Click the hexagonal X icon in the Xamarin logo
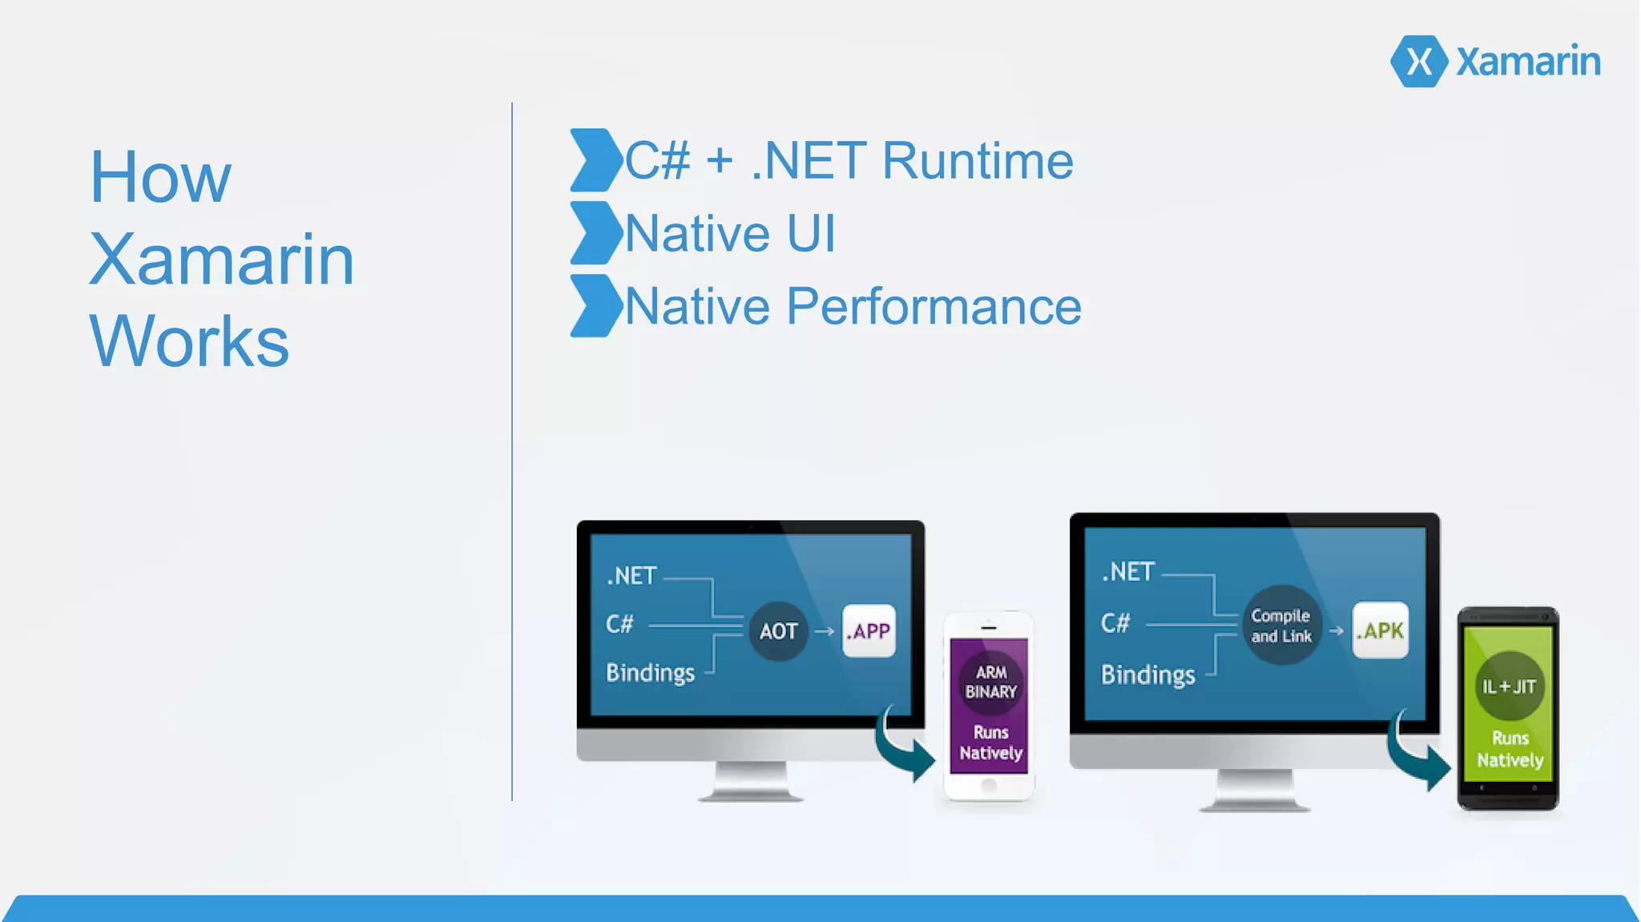pyautogui.click(x=1418, y=61)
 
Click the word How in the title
pyautogui.click(x=160, y=177)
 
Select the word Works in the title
pyautogui.click(x=189, y=341)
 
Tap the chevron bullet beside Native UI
pyautogui.click(x=595, y=233)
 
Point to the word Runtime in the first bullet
pyautogui.click(x=978, y=161)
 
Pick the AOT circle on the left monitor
pyautogui.click(x=778, y=631)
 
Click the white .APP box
pyautogui.click(x=869, y=631)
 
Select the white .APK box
pyautogui.click(x=1380, y=630)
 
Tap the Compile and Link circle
pyautogui.click(x=1281, y=626)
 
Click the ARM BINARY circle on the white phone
pyautogui.click(x=990, y=682)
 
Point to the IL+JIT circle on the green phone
pyautogui.click(x=1509, y=686)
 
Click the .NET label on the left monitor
pyautogui.click(x=631, y=576)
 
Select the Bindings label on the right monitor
pyautogui.click(x=1147, y=674)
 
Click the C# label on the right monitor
pyautogui.click(x=1115, y=623)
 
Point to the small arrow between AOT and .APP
pyautogui.click(x=825, y=631)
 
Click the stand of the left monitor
pyautogui.click(x=751, y=780)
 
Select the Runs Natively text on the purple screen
pyautogui.click(x=990, y=743)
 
